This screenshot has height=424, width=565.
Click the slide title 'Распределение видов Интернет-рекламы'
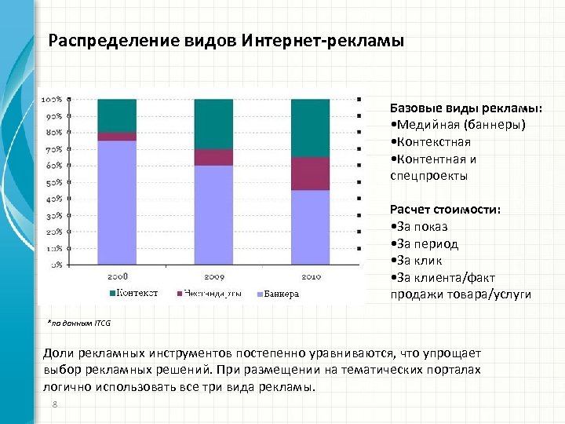[x=226, y=40]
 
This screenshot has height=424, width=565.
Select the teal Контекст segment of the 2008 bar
[x=117, y=115]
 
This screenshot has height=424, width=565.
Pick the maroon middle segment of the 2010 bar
[x=310, y=174]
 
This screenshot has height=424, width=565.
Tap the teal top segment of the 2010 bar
[x=310, y=127]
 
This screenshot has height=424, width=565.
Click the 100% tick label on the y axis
[x=53, y=100]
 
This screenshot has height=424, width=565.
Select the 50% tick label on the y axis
[x=53, y=183]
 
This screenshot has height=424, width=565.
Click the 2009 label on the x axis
[x=213, y=277]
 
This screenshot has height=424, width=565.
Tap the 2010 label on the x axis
[x=310, y=277]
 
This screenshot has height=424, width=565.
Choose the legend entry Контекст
[x=137, y=294]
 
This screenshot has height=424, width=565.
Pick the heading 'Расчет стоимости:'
[x=446, y=210]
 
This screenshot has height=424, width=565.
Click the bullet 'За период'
[x=425, y=243]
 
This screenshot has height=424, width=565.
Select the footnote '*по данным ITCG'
[x=79, y=322]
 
